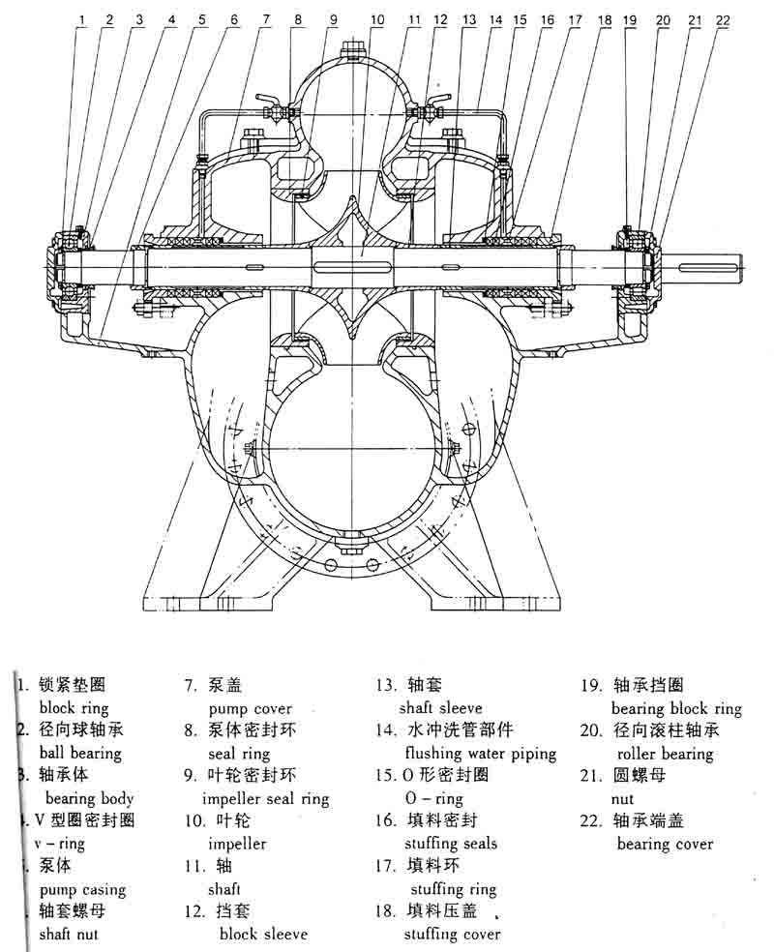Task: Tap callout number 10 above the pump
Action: click(x=377, y=19)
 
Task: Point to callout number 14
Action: click(x=496, y=19)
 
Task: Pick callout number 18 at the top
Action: click(x=606, y=19)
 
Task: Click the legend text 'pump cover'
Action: click(x=250, y=708)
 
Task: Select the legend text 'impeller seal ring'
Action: click(x=265, y=799)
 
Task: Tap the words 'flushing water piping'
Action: click(x=481, y=753)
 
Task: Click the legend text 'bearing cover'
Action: click(x=665, y=844)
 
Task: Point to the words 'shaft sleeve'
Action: click(x=440, y=708)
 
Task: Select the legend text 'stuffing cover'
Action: click(x=453, y=934)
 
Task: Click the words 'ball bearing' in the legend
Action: click(x=80, y=753)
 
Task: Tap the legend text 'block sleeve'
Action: click(x=263, y=934)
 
